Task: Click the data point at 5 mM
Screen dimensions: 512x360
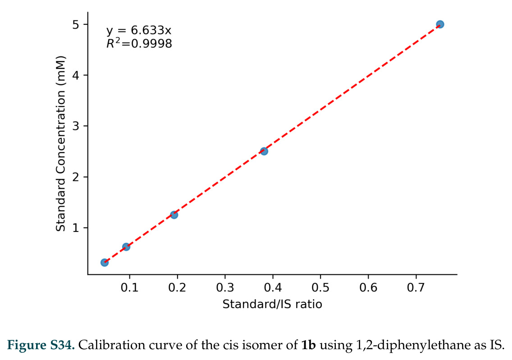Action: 440,24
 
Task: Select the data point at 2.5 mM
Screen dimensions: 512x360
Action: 264,151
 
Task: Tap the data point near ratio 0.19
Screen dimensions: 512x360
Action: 174,215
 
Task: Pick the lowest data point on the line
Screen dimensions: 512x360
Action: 105,263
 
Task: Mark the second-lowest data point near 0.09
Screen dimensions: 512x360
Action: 126,247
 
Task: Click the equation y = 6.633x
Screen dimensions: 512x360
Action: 139,30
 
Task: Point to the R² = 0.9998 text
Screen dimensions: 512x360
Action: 139,43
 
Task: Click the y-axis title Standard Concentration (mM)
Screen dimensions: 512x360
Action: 61,143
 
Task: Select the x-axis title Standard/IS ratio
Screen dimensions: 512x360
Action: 272,304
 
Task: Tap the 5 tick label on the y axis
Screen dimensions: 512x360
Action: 76,24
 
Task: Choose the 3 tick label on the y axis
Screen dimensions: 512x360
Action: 76,126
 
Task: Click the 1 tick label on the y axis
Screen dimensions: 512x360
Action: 76,227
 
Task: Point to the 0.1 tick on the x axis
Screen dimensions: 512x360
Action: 130,287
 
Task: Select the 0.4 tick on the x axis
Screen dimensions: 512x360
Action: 273,287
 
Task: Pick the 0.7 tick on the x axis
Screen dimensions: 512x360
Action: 416,287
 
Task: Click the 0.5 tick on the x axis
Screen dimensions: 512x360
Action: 320,287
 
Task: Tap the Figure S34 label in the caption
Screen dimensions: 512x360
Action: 41,345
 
